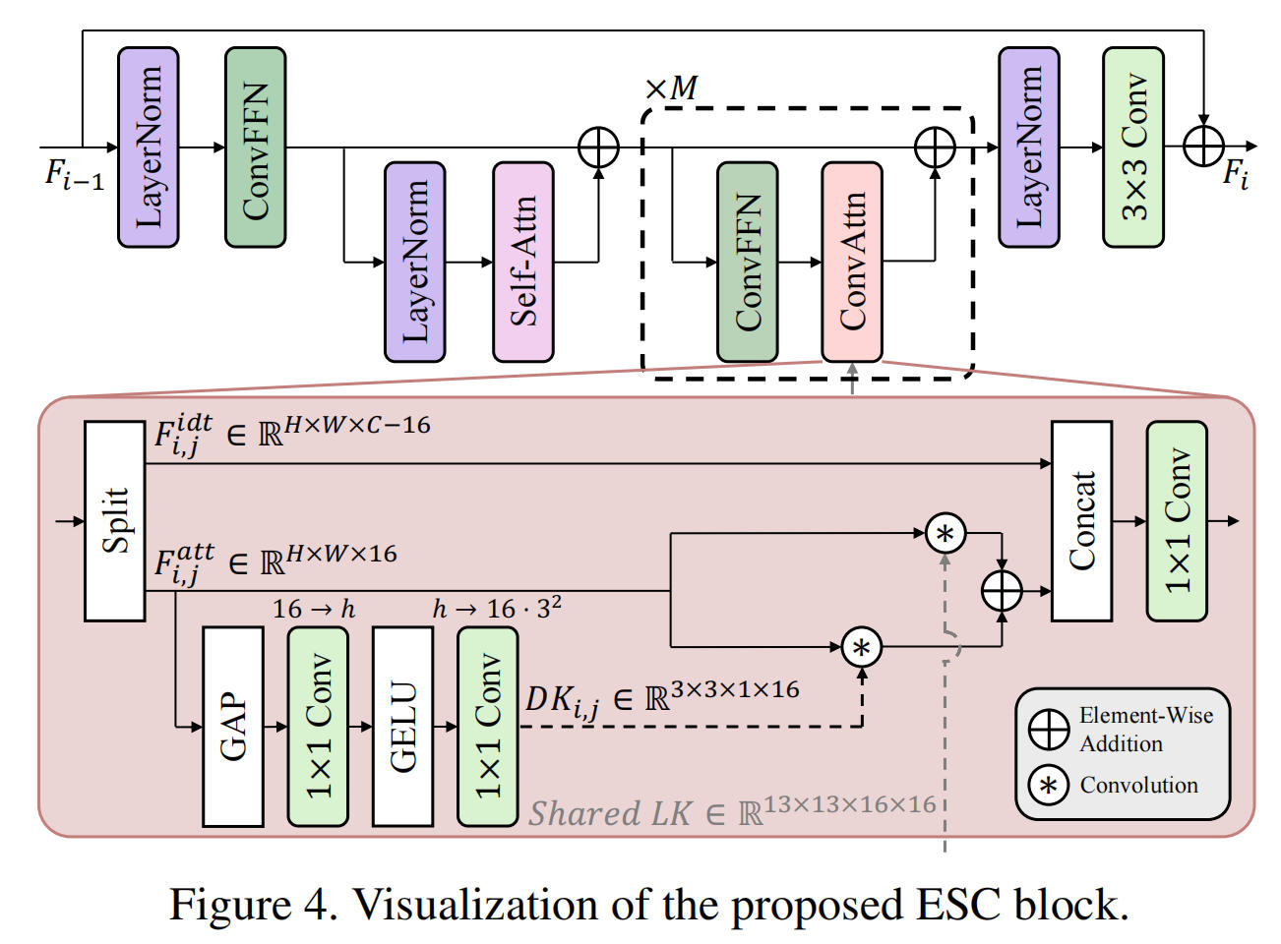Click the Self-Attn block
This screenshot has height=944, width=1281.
pyautogui.click(x=522, y=262)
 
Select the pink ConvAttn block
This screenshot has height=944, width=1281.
pyautogui.click(x=851, y=262)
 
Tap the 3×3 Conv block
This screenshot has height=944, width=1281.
pyautogui.click(x=1132, y=147)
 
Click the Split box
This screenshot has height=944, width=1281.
pyautogui.click(x=114, y=521)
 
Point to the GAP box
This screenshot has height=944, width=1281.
pyautogui.click(x=232, y=726)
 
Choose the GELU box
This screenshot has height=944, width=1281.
pyautogui.click(x=402, y=726)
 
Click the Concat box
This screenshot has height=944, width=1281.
pyautogui.click(x=1081, y=521)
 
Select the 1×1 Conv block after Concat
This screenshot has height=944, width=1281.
pyautogui.click(x=1176, y=521)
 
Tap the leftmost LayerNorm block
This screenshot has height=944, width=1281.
pyautogui.click(x=148, y=147)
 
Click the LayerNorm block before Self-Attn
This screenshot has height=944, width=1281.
pyautogui.click(x=414, y=262)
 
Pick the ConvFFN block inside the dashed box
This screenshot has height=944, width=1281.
pyautogui.click(x=747, y=262)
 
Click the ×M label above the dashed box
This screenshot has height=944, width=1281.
pyautogui.click(x=671, y=88)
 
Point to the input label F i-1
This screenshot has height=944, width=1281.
pyautogui.click(x=74, y=175)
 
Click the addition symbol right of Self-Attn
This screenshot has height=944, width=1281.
pyautogui.click(x=598, y=148)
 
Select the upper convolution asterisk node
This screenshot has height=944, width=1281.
pyautogui.click(x=945, y=534)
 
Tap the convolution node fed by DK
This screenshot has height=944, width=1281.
pyautogui.click(x=862, y=647)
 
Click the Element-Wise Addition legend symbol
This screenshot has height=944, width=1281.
pyautogui.click(x=1049, y=729)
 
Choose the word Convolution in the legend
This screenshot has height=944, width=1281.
pyautogui.click(x=1138, y=785)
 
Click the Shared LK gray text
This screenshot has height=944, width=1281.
pyautogui.click(x=732, y=812)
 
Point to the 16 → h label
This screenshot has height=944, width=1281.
pyautogui.click(x=313, y=610)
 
